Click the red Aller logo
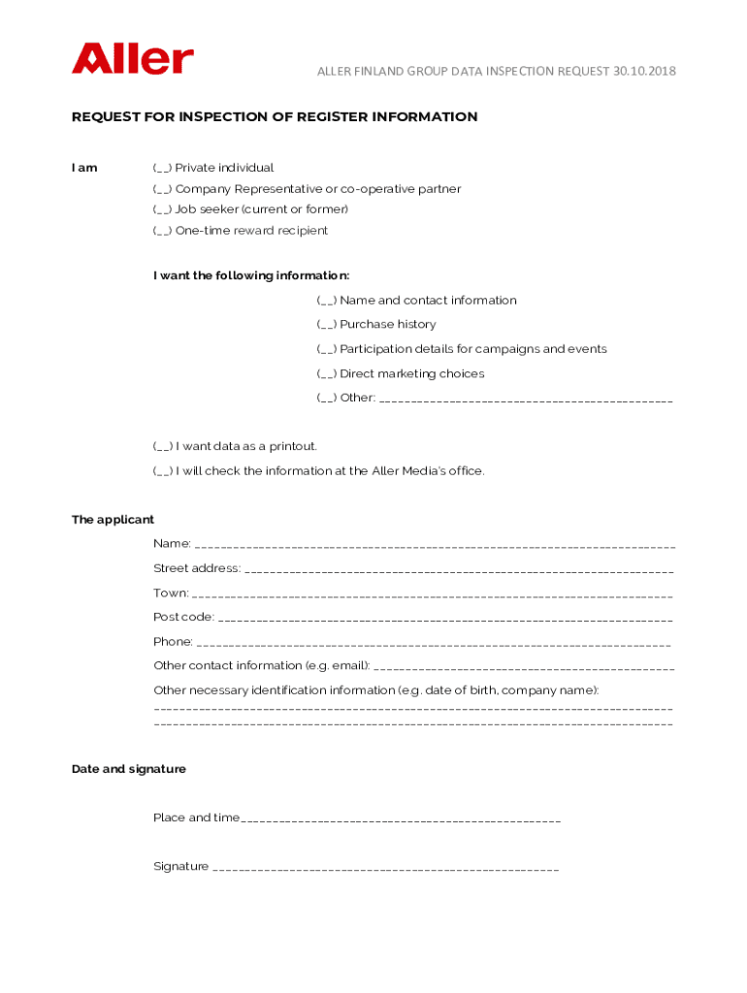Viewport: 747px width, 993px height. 132,58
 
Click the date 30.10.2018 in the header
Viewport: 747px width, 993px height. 644,72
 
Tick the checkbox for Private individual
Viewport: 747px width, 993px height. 162,168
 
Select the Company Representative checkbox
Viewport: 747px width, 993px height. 162,189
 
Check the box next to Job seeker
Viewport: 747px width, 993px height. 162,209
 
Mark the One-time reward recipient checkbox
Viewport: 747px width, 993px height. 162,231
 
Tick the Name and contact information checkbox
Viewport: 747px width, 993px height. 327,301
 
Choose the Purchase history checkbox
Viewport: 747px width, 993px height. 327,325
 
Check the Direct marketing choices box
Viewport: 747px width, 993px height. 327,374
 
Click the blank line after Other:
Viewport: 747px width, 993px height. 525,400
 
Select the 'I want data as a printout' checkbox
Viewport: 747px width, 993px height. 163,447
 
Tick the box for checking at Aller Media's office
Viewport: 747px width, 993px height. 163,471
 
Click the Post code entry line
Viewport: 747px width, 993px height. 445,619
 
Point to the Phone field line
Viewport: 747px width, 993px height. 433,644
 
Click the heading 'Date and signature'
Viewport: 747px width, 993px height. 128,769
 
